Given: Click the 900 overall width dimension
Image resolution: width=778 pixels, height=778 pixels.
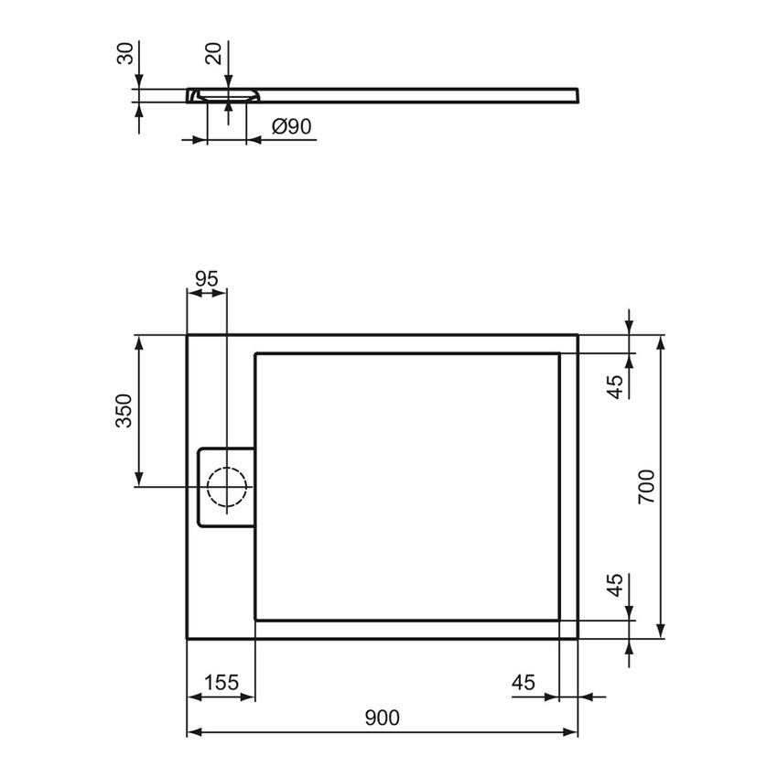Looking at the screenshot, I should [x=382, y=719].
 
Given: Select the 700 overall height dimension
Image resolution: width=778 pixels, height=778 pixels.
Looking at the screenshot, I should [x=646, y=486].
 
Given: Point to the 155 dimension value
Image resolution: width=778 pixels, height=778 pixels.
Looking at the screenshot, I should [x=221, y=683].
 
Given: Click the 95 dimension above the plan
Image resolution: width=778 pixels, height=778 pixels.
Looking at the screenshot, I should [x=207, y=279].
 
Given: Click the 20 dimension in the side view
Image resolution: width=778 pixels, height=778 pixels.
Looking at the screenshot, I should [x=214, y=52].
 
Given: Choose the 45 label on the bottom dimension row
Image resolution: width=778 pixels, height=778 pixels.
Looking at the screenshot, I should [x=523, y=683].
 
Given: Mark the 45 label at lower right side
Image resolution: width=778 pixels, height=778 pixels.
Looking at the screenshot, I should [x=616, y=585].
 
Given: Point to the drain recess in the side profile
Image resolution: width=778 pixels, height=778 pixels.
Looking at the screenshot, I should [x=226, y=96].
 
